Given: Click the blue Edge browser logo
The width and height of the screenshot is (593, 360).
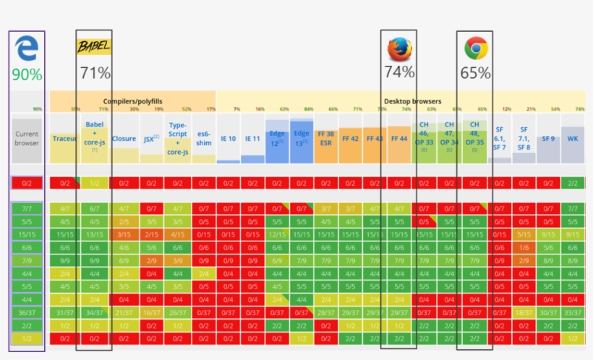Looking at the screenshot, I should point(26,49).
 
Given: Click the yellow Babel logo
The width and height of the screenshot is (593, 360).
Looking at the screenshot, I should point(94,48).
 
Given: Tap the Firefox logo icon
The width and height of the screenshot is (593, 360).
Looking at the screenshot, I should point(399,48).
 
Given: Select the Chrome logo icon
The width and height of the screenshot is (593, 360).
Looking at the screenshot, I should point(475,48).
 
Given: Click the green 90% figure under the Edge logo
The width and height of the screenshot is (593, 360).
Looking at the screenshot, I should point(27,74).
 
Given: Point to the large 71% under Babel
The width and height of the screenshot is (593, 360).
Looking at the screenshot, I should point(95,72).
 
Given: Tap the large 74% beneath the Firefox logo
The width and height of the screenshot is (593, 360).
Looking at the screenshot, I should point(399,72).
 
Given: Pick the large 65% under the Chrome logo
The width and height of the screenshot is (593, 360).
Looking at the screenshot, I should point(475,72).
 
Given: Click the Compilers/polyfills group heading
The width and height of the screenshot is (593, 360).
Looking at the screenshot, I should point(132,102).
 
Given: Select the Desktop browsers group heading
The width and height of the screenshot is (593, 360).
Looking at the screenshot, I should point(412,102).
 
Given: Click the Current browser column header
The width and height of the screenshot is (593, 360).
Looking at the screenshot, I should point(27,137).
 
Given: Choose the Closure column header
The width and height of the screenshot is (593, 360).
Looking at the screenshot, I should point(124,138).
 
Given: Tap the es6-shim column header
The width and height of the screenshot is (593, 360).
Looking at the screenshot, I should point(204,138).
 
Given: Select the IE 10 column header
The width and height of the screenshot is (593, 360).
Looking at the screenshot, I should point(228,138).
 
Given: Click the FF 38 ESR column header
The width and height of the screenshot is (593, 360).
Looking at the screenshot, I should point(328,138).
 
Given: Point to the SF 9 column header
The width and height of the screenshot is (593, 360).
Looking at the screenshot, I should point(549,138).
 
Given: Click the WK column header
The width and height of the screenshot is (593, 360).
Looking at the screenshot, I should point(573,138).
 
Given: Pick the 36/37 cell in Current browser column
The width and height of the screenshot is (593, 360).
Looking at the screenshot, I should point(27,312).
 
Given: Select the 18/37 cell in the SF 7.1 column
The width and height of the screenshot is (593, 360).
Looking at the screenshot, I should point(524,312).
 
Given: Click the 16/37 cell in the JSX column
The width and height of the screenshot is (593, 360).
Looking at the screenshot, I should point(150,312).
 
